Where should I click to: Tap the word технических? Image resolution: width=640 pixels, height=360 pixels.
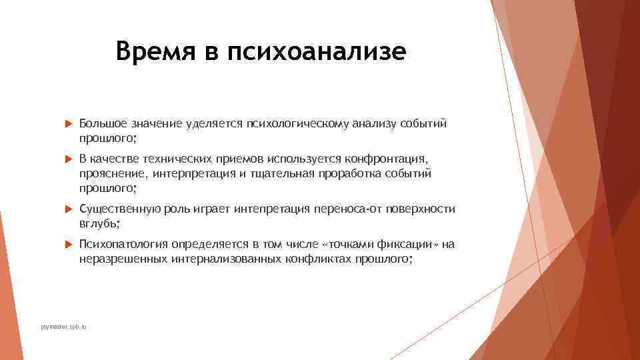point(170,159)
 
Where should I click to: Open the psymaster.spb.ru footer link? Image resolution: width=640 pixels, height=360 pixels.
point(63,327)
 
